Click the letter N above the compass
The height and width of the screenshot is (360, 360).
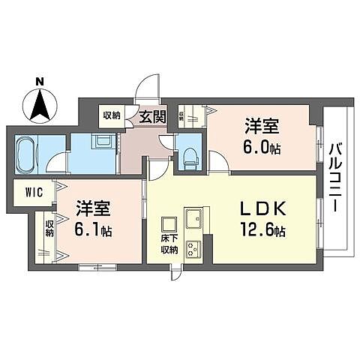coord(40,81)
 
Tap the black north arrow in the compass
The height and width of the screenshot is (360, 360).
coord(40,105)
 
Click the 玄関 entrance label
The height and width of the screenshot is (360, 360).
coord(152,116)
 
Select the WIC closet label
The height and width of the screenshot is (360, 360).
coord(34,193)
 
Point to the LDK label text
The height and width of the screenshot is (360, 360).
coord(263,209)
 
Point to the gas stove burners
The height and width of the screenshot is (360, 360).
coord(193,249)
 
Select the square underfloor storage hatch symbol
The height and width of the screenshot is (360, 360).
coord(169,224)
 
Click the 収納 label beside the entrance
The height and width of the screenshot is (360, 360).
coord(112,115)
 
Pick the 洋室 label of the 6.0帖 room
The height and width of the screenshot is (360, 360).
coord(262,127)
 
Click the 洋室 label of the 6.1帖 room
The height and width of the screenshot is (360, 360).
coord(93,208)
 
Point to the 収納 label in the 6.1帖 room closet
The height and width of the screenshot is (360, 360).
coord(49,228)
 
